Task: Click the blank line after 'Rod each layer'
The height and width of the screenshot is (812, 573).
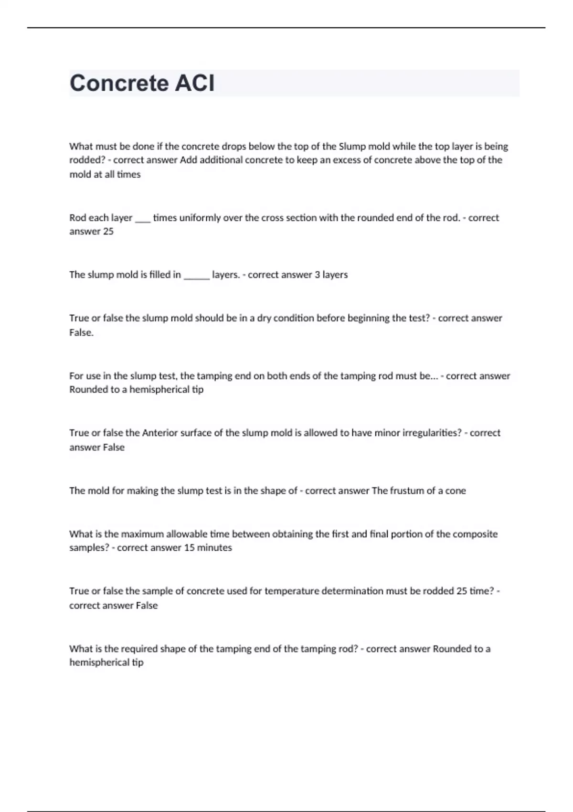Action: (x=143, y=219)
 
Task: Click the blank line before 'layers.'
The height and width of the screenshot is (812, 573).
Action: (x=196, y=276)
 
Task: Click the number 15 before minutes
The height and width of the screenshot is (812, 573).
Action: (x=189, y=548)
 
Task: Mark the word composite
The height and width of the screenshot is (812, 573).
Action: (x=475, y=534)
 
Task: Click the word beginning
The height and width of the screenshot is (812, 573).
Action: (x=370, y=318)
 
